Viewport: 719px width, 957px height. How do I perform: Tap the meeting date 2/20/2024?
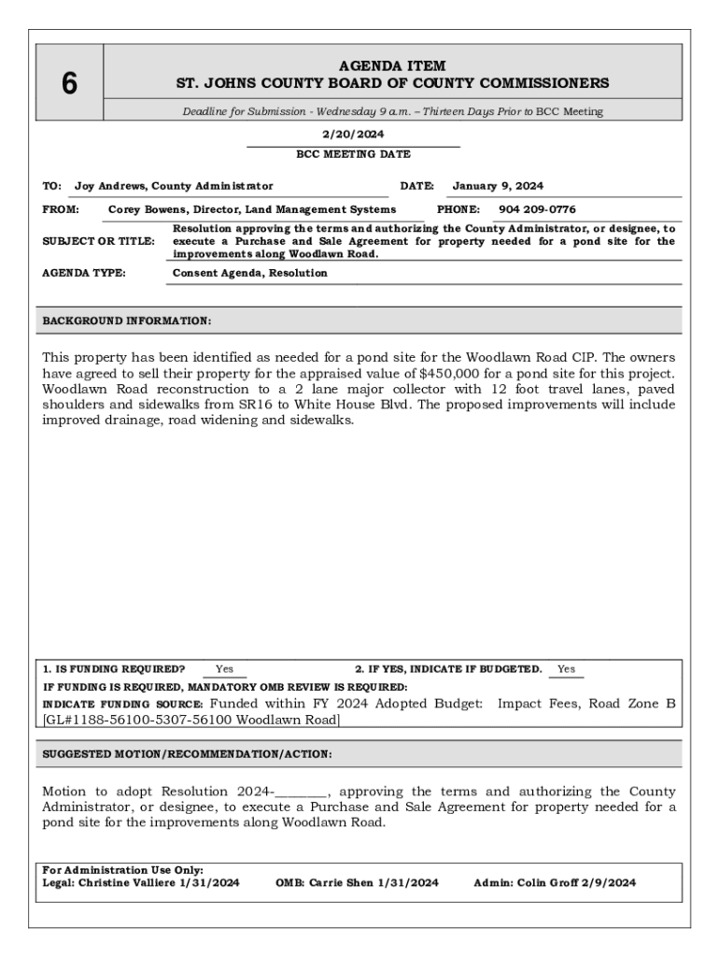[x=353, y=135]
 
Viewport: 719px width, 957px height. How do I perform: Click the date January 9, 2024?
[x=498, y=186]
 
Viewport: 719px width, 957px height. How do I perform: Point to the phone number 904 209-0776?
[x=537, y=209]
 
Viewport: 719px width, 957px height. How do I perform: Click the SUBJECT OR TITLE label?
[x=99, y=241]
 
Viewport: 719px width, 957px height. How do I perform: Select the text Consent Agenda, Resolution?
[x=250, y=273]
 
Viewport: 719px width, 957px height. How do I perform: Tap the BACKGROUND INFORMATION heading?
[x=127, y=321]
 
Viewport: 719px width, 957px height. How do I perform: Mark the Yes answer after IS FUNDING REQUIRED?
[x=225, y=669]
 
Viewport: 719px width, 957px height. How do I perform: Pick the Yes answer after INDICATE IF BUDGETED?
[x=566, y=669]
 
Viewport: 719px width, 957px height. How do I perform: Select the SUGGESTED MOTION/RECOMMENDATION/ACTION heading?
[x=188, y=754]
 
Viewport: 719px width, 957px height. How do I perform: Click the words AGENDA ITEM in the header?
[x=392, y=66]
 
